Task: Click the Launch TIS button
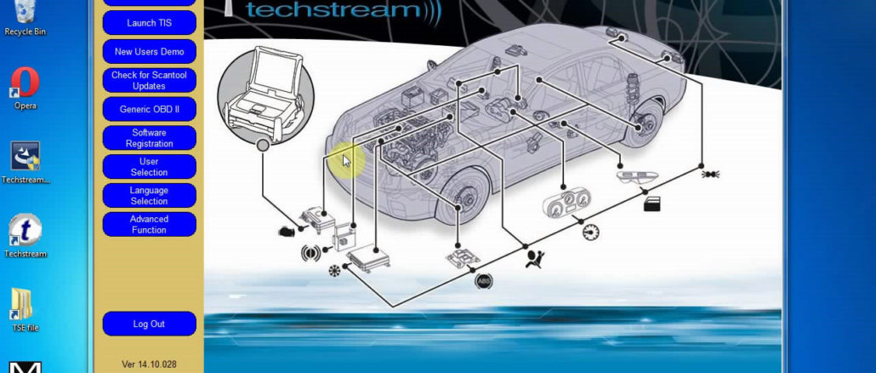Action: [x=149, y=23]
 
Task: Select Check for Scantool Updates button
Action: [x=149, y=81]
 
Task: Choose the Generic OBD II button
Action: [x=149, y=109]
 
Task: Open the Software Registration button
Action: [x=149, y=138]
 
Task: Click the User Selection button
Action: [x=149, y=167]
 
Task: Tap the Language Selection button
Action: [x=149, y=196]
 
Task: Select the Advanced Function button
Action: [x=149, y=225]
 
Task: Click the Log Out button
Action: [x=149, y=324]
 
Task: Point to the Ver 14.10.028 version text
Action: [x=149, y=364]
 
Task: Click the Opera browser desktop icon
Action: [x=25, y=84]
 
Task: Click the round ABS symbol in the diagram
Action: [x=484, y=278]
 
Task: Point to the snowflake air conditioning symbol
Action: [x=333, y=272]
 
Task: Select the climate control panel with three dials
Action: [x=565, y=207]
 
